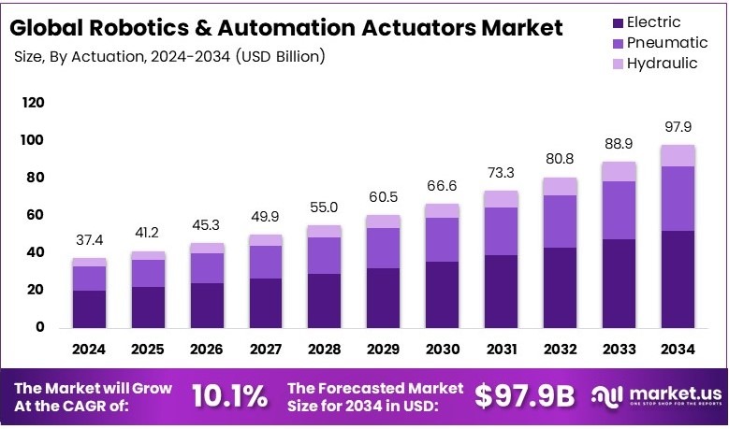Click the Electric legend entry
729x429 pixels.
tap(653, 21)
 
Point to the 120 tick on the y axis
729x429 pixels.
tap(34, 103)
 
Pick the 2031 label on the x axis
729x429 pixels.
tap(500, 350)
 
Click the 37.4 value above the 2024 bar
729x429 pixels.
tap(90, 240)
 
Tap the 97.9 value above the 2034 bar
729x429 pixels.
tap(677, 127)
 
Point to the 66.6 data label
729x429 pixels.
tap(441, 186)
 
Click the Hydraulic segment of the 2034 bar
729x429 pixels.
tap(677, 155)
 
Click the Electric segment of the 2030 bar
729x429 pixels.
tap(441, 294)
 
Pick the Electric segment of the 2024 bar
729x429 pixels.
tap(90, 308)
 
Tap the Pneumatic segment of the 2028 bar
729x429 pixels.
tap(323, 255)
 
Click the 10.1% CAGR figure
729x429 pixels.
tap(229, 396)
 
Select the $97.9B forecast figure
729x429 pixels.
tap(524, 396)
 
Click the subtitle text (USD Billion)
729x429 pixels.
tap(281, 57)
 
